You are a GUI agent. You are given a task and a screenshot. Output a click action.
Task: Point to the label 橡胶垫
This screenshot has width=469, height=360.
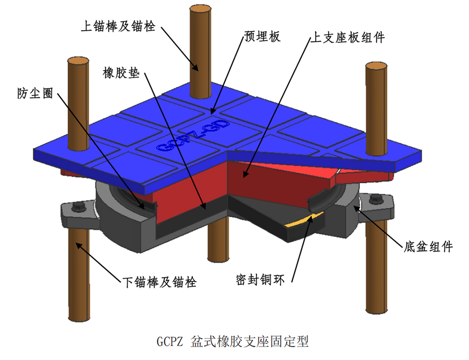click(x=120, y=73)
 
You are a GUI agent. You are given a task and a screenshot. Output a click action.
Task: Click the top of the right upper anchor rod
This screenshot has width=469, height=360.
click(x=376, y=66)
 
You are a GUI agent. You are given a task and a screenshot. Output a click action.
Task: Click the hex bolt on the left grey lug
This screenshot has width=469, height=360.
click(x=80, y=207)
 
